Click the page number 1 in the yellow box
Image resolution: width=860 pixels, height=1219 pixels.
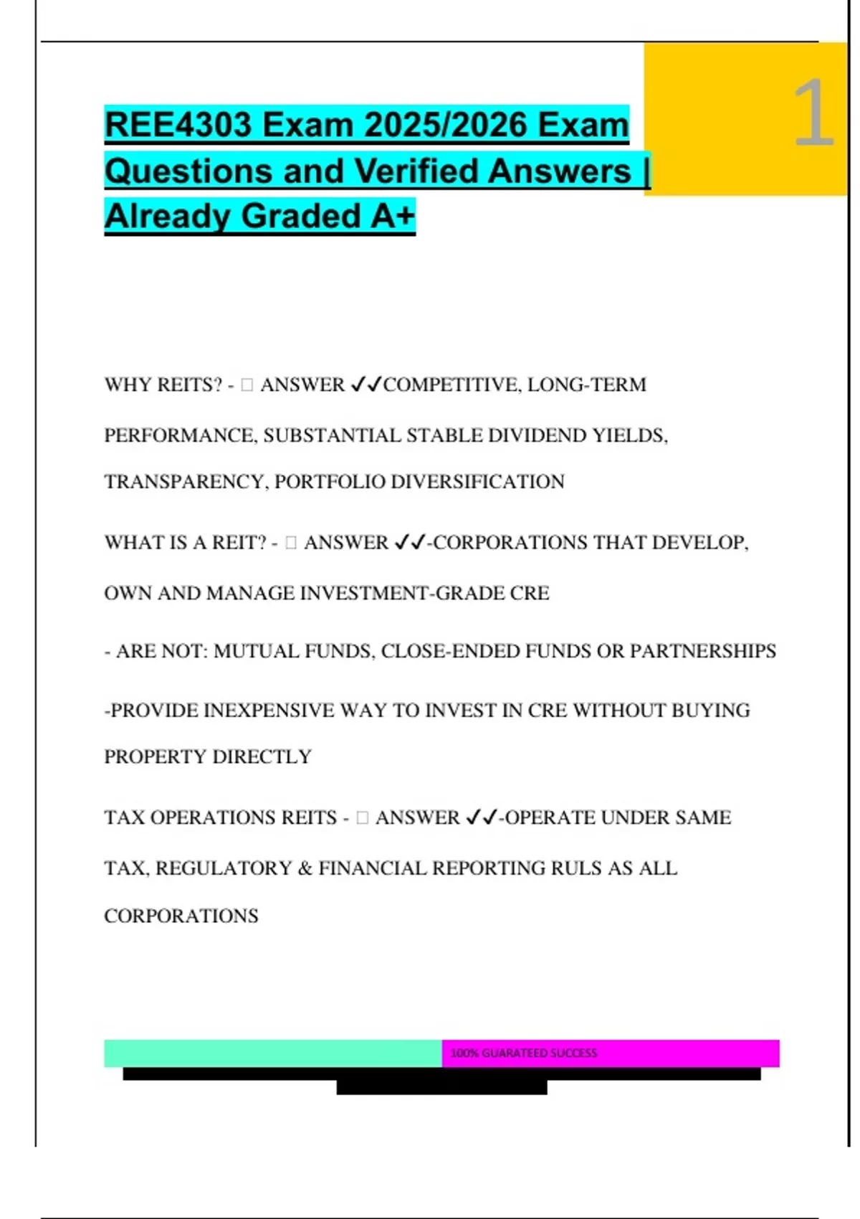click(813, 113)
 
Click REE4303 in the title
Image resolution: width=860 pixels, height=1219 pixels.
click(178, 125)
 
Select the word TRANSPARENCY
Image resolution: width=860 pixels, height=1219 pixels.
click(186, 482)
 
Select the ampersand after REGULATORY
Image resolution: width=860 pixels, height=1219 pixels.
click(305, 868)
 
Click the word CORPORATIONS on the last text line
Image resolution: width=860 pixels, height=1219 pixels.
click(181, 916)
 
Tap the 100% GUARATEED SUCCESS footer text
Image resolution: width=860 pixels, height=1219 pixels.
click(523, 1053)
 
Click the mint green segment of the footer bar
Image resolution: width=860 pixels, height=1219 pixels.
click(272, 1053)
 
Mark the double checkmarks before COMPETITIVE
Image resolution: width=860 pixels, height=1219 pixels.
click(365, 385)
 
